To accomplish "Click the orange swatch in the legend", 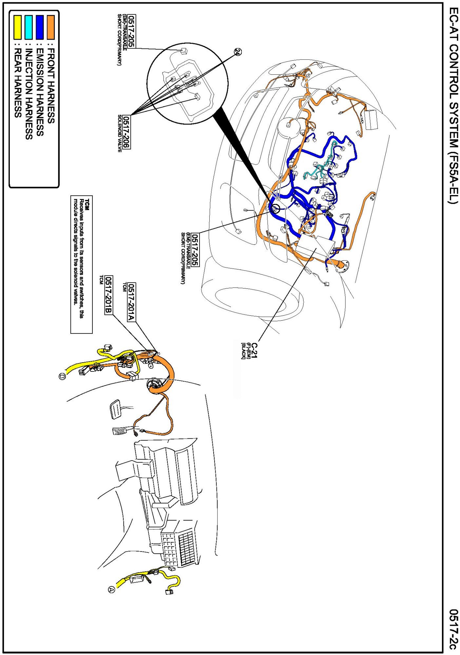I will click(50, 27).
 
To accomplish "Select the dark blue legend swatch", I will click(40, 27).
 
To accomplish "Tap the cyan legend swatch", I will click(29, 27).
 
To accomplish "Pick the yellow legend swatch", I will click(17, 27).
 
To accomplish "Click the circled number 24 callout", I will click(238, 52).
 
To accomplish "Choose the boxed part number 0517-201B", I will click(108, 295).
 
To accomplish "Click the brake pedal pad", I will click(116, 409).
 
